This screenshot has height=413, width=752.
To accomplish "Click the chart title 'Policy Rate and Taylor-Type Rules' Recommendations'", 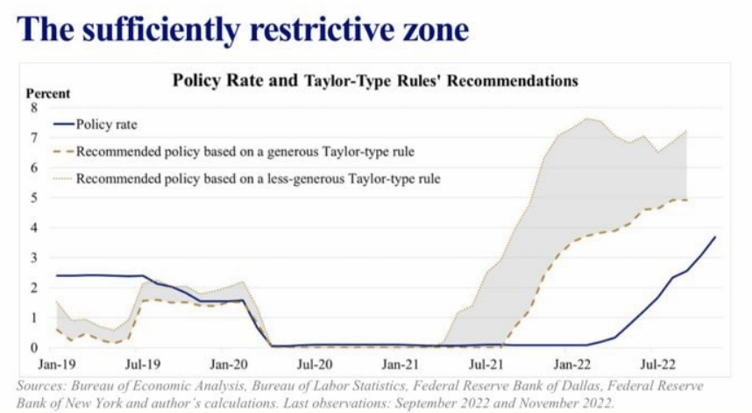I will [374, 81].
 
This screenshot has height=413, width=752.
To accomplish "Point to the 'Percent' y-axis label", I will [47, 94].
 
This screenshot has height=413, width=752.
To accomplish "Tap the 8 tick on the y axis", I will [35, 108].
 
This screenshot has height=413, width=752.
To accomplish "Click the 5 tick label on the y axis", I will [35, 197].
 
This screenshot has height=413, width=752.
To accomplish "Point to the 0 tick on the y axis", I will [35, 347].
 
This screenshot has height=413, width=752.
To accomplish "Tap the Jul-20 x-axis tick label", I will [314, 361].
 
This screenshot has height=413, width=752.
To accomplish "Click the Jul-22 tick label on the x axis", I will [658, 361].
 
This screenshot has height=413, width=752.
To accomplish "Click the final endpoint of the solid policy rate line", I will [715, 237].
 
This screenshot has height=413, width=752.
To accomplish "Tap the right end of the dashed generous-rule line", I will [686, 200].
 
